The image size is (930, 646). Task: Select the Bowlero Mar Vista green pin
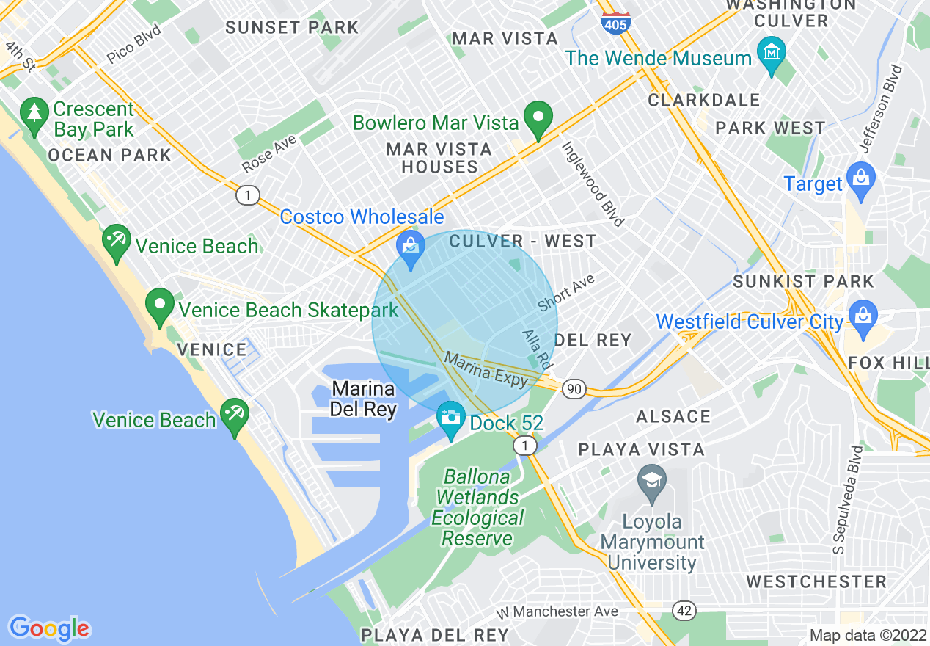coord(539,119)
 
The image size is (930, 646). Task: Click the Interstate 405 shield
coord(614,22)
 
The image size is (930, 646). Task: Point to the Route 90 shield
coord(574,389)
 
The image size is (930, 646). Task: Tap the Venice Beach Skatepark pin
coord(160,307)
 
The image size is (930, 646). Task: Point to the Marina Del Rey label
coord(363,399)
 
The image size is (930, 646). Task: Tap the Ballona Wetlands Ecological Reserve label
coord(477,507)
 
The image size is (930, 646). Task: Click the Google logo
coord(49,628)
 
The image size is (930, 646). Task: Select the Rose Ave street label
coord(269,153)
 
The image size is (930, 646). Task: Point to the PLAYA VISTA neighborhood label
coord(641,449)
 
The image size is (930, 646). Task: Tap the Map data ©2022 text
coord(868,635)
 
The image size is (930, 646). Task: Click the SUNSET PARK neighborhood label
coord(292,28)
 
